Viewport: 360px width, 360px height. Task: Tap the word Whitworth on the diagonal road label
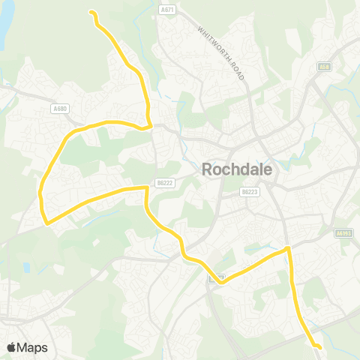tap(212, 42)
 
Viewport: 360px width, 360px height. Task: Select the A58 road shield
tap(324, 66)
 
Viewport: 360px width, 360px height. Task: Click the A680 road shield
tap(60, 109)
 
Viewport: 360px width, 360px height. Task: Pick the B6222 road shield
tap(164, 182)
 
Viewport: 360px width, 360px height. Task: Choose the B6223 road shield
tap(250, 192)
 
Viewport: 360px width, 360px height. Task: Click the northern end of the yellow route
tap(91, 12)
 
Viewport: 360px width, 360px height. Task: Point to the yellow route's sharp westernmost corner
tap(46, 223)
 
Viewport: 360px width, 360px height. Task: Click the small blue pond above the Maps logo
tap(27, 267)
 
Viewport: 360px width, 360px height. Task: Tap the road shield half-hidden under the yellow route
tap(213, 278)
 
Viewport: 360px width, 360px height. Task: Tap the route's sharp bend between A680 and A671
tap(151, 125)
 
